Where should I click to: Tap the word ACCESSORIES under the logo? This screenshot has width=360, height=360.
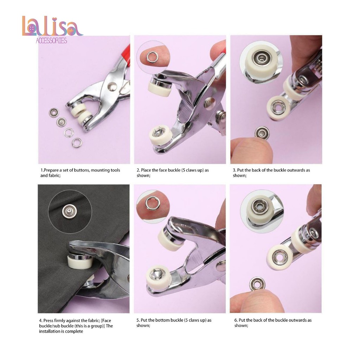click(51, 41)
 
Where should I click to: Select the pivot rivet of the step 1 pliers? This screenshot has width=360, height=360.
click(112, 86)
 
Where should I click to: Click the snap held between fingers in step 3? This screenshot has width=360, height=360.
click(262, 133)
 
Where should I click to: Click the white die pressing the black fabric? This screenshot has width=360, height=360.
click(80, 261)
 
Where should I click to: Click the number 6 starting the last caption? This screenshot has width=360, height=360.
click(236, 320)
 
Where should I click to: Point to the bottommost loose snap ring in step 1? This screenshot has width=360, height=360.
click(77, 143)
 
